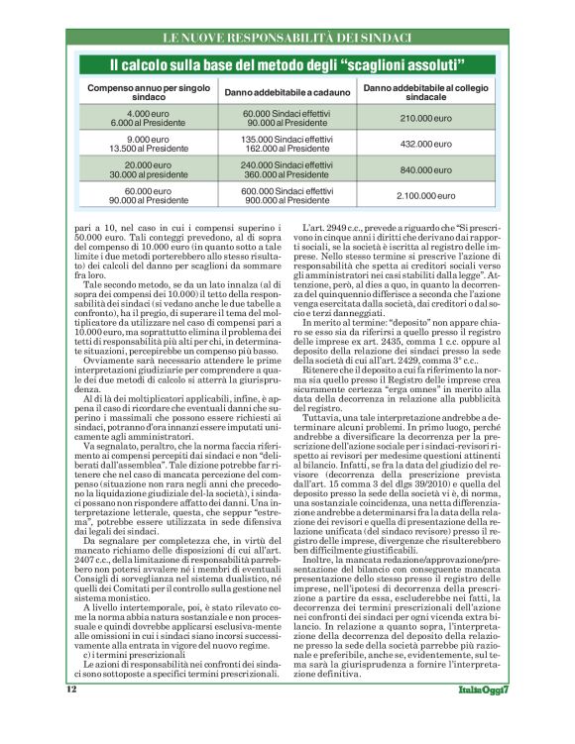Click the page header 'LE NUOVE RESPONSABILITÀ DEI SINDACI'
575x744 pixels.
(287, 39)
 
